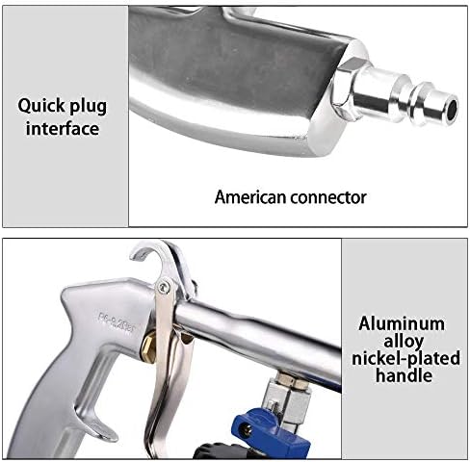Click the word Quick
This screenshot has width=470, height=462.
coord(41,106)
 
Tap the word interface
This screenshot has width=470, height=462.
coord(63,129)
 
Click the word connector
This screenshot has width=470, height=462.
coord(327,197)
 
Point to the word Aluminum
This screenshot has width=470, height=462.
coord(402,323)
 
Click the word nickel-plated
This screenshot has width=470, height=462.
coord(405,358)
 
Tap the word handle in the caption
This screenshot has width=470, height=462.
coord(404,375)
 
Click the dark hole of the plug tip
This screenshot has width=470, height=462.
coord(452,109)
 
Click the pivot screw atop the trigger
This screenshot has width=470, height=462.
coord(164,287)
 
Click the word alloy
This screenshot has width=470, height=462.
coord(404,342)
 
